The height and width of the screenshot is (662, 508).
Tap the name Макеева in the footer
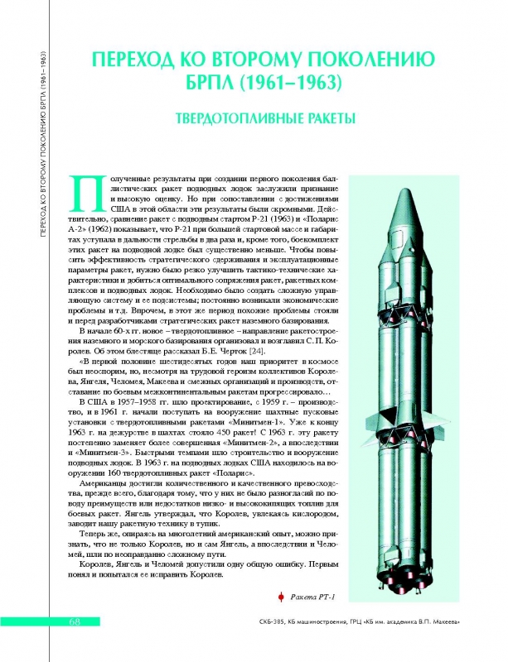coord(440,622)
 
